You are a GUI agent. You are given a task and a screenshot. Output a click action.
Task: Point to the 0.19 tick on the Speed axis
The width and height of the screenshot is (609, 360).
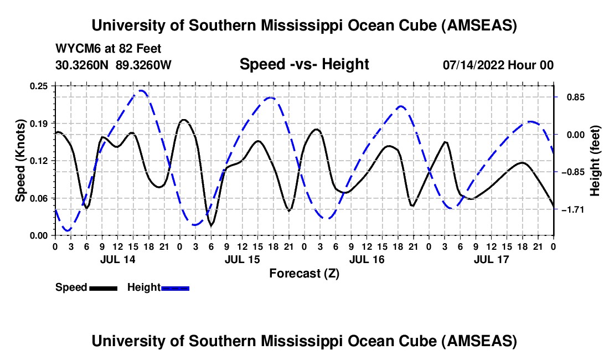40,123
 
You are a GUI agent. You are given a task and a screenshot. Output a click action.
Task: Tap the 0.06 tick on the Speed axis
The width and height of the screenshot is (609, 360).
40,198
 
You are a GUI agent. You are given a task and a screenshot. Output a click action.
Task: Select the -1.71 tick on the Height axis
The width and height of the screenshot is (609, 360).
572,209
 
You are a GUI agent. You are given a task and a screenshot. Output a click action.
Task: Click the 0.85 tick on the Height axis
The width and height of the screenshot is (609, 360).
571,97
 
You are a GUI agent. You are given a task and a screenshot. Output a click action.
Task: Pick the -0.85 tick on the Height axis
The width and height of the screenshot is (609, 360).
572,172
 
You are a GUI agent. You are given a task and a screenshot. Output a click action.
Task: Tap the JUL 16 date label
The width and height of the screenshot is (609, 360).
367,259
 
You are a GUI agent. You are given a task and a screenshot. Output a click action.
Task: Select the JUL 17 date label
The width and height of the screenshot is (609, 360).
491,259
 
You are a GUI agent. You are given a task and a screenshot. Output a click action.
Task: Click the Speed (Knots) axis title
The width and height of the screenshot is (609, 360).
20,161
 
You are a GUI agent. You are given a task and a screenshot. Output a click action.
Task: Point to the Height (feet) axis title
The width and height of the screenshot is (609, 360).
595,161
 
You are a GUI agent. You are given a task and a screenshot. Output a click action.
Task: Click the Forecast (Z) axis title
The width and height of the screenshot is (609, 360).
304,273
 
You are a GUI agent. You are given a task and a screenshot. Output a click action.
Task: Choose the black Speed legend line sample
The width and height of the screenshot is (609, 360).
102,287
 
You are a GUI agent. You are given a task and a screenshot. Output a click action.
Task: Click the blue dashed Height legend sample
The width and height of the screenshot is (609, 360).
175,287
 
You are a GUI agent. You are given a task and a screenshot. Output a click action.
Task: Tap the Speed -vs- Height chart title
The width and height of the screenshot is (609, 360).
304,65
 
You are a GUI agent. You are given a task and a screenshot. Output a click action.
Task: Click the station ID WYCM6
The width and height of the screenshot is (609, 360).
75,49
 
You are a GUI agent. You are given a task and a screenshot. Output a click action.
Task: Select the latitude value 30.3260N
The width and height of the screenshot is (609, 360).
83,65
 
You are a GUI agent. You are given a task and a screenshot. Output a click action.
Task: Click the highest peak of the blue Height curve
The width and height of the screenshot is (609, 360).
142,90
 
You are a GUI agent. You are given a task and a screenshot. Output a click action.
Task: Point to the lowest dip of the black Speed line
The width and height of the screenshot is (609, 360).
211,225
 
